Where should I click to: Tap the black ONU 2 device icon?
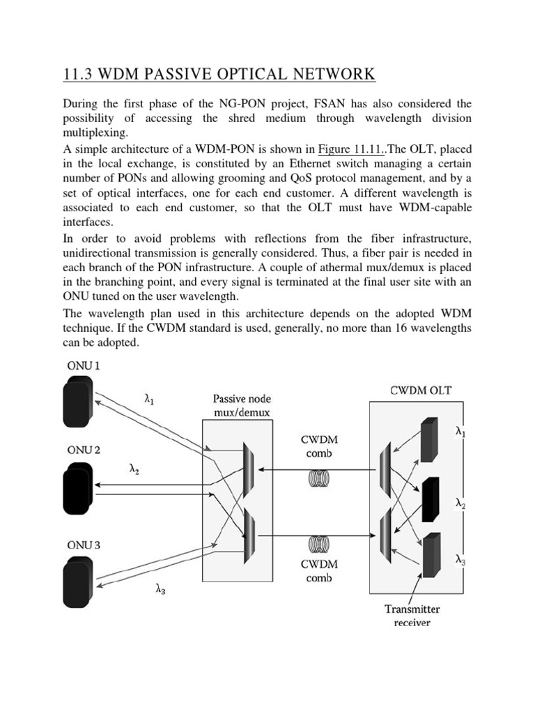[x=77, y=485]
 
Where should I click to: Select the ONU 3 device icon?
[x=77, y=577]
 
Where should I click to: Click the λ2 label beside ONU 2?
[x=134, y=469]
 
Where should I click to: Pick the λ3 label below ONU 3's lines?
[x=161, y=589]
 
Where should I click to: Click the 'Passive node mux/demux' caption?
[x=242, y=407]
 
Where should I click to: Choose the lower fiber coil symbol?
[x=320, y=542]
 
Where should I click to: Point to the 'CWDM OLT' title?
[x=420, y=390]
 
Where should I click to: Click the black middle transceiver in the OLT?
[x=431, y=499]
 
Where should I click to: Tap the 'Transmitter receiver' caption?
[x=412, y=615]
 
